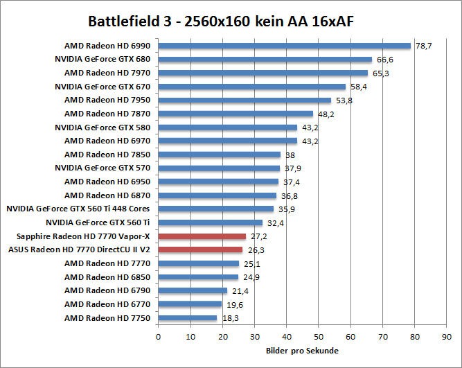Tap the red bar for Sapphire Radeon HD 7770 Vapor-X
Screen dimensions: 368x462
(x=202, y=236)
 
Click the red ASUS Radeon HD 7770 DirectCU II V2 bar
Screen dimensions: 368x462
(x=200, y=249)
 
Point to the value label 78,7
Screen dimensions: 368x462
(x=423, y=46)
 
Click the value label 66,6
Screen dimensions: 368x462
(x=384, y=60)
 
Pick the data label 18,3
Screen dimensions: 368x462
(x=230, y=318)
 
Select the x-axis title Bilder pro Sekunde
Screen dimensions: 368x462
(x=301, y=351)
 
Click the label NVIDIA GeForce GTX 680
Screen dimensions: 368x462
(x=103, y=60)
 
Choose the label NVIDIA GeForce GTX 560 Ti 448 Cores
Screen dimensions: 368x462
(x=78, y=209)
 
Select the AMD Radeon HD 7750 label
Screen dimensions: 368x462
(x=107, y=317)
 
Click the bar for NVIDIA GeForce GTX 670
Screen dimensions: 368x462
(x=252, y=87)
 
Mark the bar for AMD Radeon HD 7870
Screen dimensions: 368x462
(x=236, y=114)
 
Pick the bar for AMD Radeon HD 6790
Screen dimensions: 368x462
(x=193, y=290)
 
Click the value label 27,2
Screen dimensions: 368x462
(x=258, y=236)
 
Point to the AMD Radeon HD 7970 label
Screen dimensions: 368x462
(x=107, y=73)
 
